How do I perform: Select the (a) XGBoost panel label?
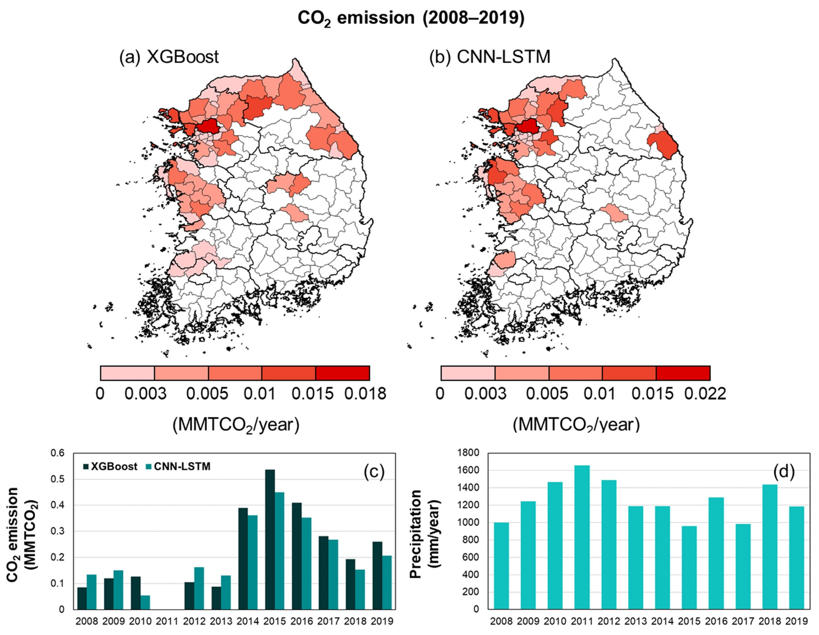(x=169, y=57)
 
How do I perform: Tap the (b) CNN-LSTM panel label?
(x=490, y=57)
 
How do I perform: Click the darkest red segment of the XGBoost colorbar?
(x=342, y=373)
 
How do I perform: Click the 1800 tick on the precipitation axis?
(x=468, y=453)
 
